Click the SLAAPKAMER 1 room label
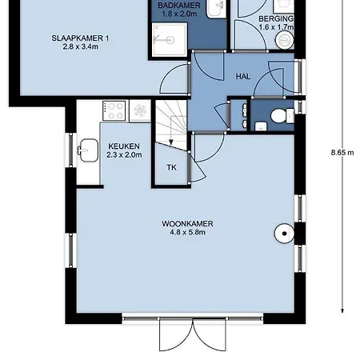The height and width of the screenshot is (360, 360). pos(80,38)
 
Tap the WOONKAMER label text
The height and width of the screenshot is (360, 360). pos(187,223)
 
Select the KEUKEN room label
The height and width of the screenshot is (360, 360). pos(124,146)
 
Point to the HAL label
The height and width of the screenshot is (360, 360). pos(243,77)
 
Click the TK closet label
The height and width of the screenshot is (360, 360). pos(171,167)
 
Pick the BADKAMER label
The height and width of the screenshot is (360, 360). pos(179,5)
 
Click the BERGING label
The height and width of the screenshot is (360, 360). pos(276,19)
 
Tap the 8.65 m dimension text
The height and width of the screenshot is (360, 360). pos(342,153)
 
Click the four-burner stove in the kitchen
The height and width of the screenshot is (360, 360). pos(114,110)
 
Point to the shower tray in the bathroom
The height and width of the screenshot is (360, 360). pos(170,40)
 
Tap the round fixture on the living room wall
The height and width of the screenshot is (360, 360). pos(284,234)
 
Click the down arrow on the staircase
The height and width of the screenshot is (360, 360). pos(171,142)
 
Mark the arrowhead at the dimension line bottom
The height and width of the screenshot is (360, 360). pos(342,310)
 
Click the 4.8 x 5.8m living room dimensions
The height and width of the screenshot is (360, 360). pos(187,232)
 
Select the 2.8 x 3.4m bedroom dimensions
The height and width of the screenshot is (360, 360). pos(80,46)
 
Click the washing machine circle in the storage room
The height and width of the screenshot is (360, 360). pos(284,40)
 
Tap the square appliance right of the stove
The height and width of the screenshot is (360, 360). pos(140,110)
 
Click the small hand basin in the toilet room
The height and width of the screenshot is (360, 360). pos(261,126)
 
